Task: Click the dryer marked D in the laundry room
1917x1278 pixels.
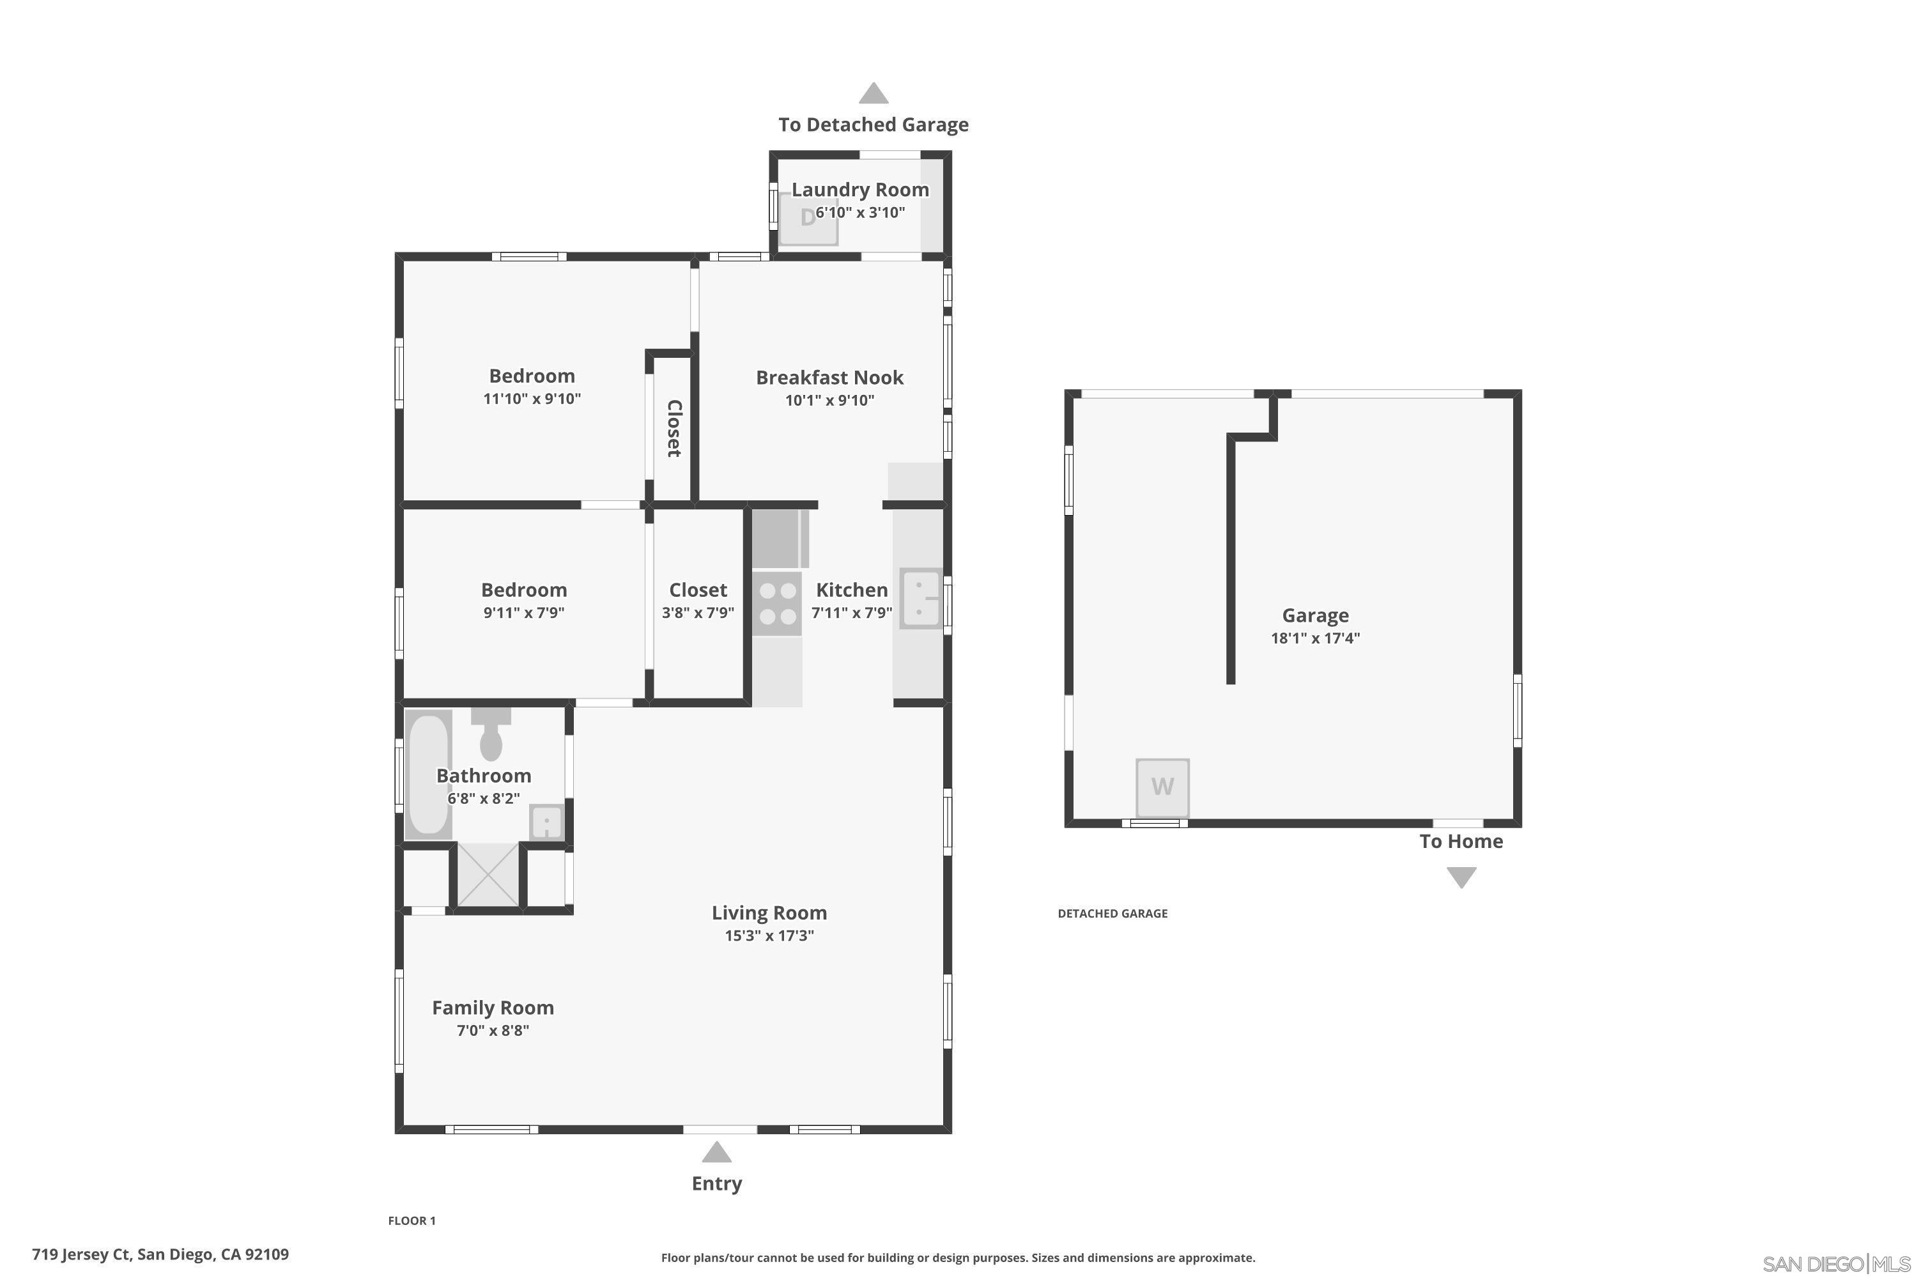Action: pos(808,219)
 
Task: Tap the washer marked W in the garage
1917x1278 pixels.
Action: pos(1162,787)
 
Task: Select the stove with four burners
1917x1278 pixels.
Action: pos(777,604)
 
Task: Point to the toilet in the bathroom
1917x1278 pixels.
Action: pos(491,736)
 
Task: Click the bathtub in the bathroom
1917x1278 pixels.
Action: pos(429,774)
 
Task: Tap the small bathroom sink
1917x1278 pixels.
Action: pos(546,822)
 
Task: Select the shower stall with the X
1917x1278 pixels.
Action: pos(488,875)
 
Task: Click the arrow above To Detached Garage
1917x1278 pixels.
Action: pos(873,94)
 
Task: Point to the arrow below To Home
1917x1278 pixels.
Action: pos(1461,877)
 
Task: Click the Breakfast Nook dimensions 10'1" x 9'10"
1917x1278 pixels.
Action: pos(829,400)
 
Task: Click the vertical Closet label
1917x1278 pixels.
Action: pos(674,428)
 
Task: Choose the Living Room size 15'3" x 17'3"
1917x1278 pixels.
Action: pos(769,935)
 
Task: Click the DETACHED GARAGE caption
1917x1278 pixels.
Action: pos(1112,914)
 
